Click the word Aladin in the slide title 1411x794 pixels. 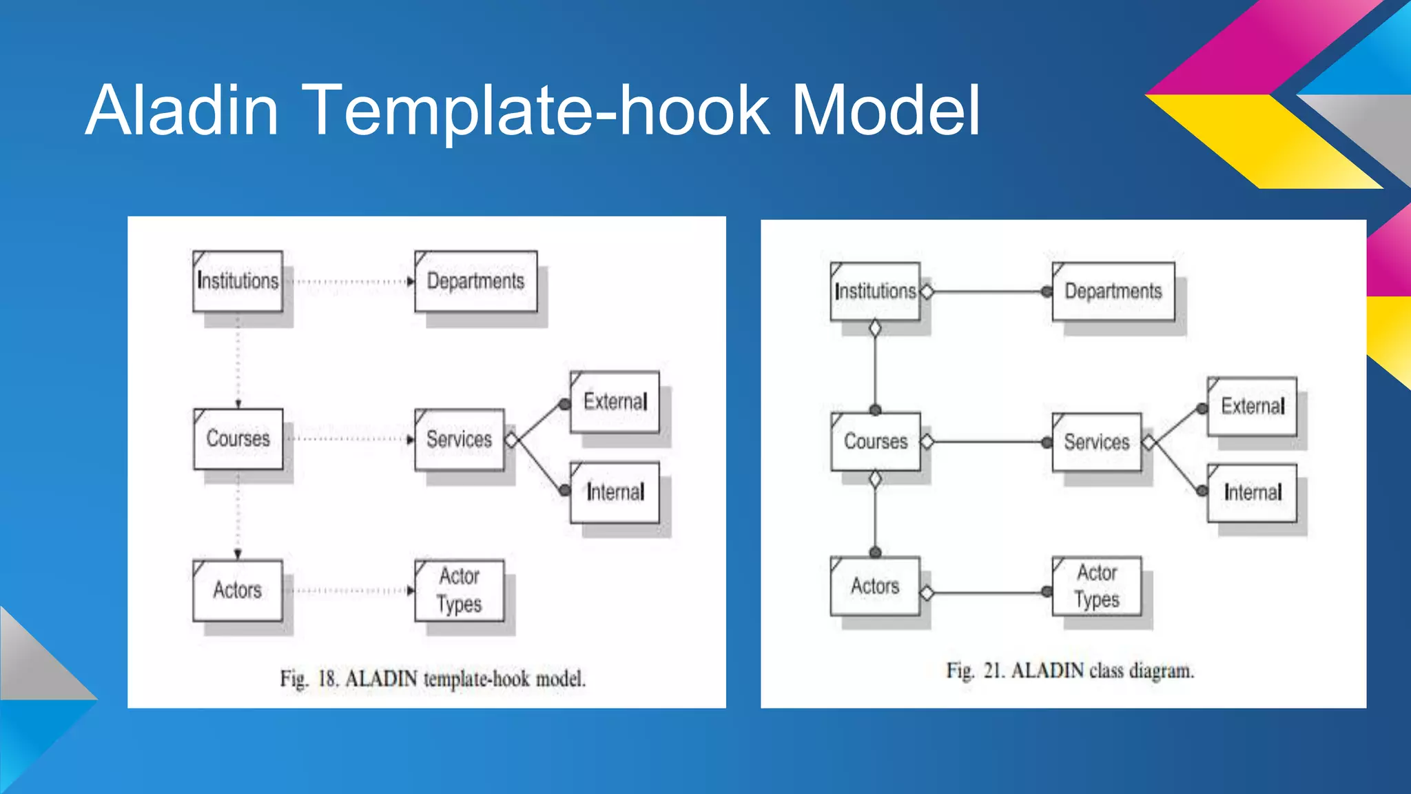point(182,110)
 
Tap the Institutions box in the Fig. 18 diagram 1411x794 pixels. point(238,281)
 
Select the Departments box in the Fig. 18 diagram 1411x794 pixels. point(475,281)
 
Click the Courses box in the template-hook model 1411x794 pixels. point(238,439)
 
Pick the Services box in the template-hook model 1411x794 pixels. point(459,440)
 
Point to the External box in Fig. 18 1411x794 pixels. point(615,402)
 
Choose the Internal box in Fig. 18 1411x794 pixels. point(615,492)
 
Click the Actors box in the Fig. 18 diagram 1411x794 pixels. point(238,590)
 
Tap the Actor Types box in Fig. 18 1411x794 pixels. point(460,591)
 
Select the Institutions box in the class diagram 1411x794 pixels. point(875,292)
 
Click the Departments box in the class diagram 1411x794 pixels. point(1113,292)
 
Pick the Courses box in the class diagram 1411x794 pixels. point(876,442)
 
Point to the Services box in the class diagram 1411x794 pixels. point(1097,442)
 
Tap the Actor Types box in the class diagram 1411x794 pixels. point(1097,587)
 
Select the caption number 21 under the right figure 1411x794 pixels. point(993,671)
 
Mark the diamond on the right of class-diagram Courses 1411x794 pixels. point(927,442)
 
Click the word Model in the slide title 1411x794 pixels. point(885,110)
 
